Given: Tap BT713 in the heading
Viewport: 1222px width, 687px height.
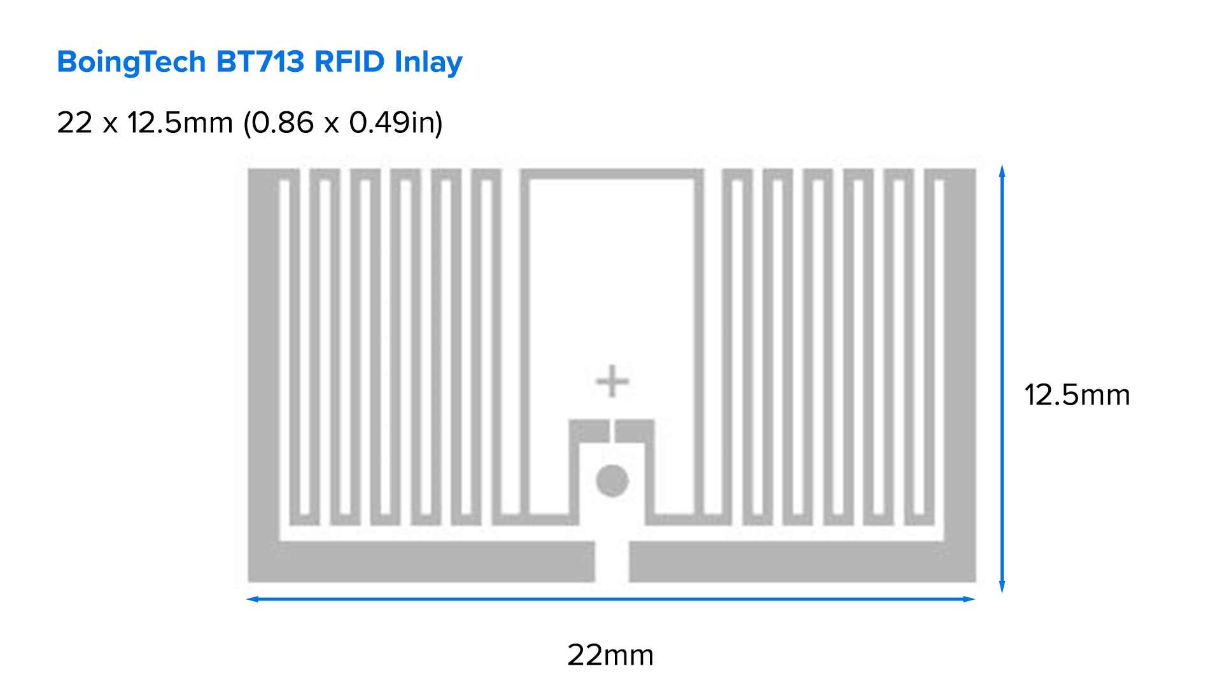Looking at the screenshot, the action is [260, 62].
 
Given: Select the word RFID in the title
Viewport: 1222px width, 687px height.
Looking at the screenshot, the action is [349, 62].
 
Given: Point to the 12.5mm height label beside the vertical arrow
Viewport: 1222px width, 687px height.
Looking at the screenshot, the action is [1077, 395].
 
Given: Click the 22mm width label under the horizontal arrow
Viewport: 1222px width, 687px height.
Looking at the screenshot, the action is [610, 655].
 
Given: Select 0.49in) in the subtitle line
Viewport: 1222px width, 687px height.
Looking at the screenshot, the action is [395, 123].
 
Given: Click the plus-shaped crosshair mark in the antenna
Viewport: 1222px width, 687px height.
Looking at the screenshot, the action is [612, 381].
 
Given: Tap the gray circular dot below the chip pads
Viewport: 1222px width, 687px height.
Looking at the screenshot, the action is [612, 480].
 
